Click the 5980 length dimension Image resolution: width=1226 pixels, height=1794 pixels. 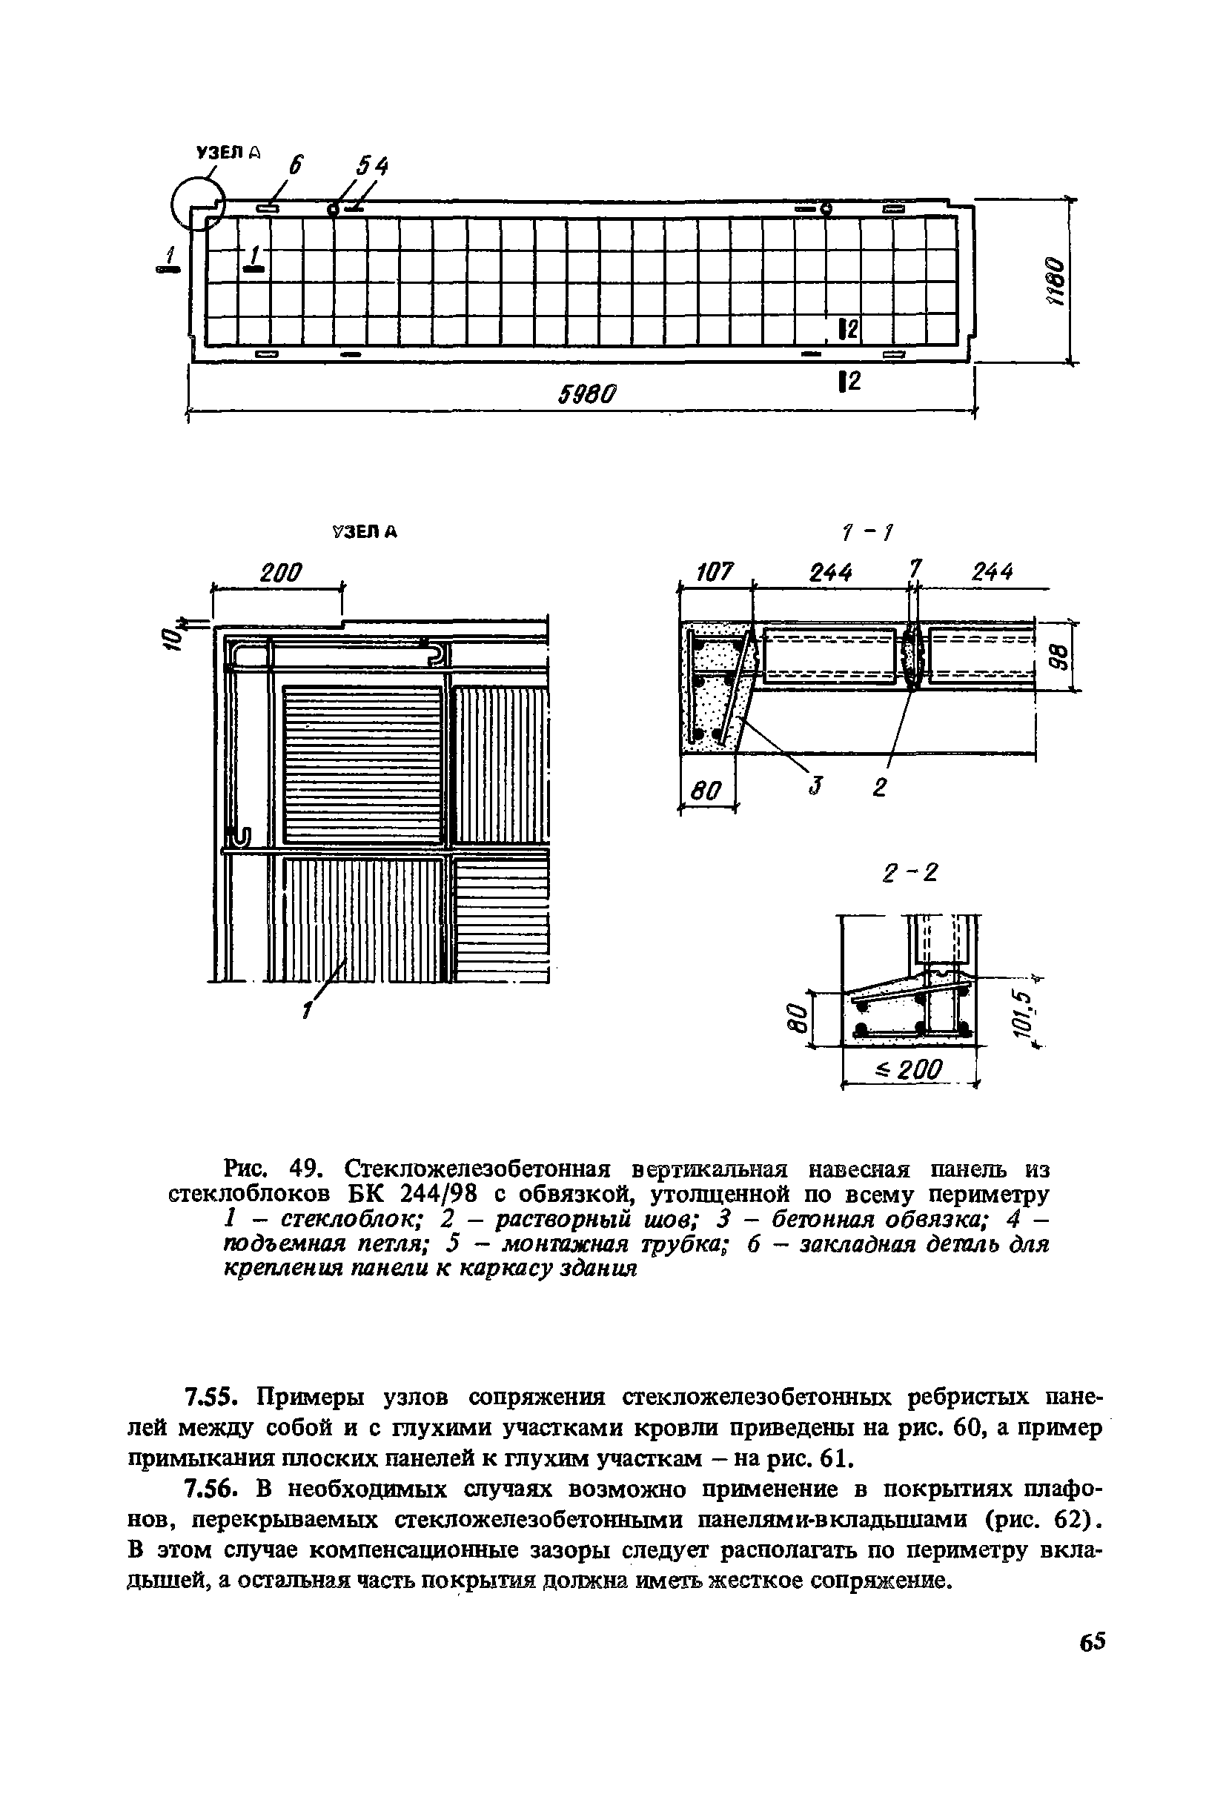[588, 394]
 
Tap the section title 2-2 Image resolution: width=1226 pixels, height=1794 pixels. [909, 873]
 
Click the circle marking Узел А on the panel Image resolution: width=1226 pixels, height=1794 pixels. [196, 202]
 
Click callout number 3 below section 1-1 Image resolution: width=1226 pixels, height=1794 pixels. [813, 788]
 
